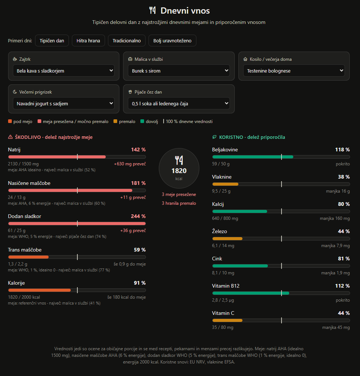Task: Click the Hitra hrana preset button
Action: click(88, 41)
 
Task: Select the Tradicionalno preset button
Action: click(127, 41)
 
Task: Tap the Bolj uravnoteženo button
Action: click(172, 41)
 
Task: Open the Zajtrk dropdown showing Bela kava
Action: click(64, 70)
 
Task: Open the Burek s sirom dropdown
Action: click(179, 70)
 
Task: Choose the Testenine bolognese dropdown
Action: click(294, 70)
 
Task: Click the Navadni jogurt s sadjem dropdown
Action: click(64, 103)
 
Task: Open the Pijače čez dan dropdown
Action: click(179, 103)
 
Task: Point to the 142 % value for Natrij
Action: click(138, 150)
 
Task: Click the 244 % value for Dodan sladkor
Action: click(138, 216)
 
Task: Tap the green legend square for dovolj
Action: click(142, 121)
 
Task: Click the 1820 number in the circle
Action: click(179, 171)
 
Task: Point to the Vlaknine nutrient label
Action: click(222, 177)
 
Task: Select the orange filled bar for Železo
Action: click(227, 239)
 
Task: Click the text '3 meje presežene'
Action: click(179, 194)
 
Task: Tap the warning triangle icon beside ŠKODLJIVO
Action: click(10, 137)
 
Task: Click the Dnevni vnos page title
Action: click(185, 11)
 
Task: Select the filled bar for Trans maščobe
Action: click(28, 257)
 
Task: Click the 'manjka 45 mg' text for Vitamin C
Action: click(336, 327)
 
